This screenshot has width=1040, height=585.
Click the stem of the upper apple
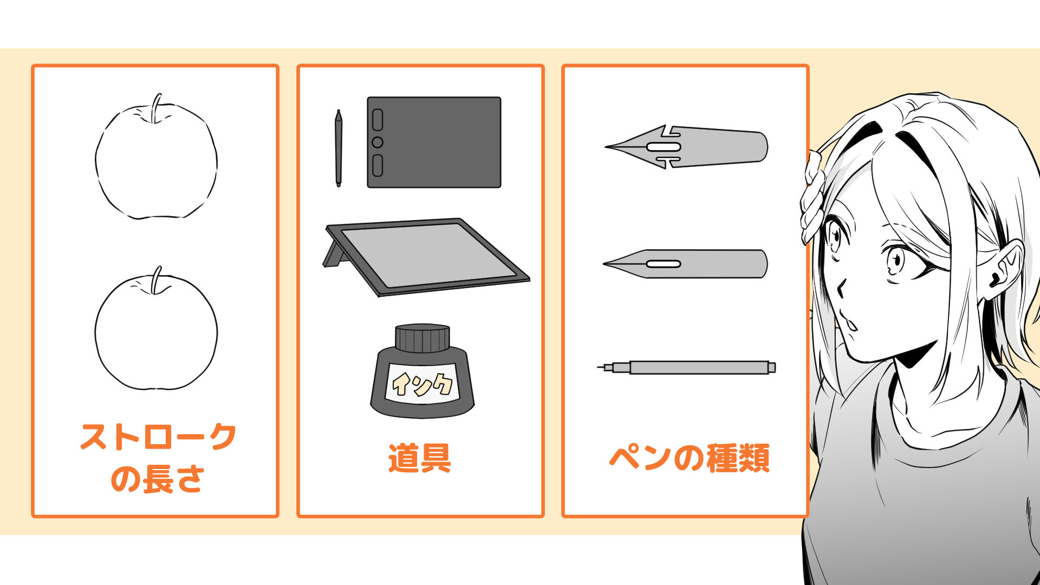(157, 108)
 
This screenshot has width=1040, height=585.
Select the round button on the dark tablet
(378, 142)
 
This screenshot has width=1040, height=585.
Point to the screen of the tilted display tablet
(427, 254)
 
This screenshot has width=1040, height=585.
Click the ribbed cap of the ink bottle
(422, 338)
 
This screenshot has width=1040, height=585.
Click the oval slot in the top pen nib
(664, 147)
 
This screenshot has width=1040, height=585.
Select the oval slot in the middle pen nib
(664, 264)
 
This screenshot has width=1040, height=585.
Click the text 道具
(420, 458)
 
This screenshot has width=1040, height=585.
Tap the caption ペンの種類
(689, 458)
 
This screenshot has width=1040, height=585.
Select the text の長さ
(157, 479)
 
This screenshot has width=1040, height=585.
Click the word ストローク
(158, 437)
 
